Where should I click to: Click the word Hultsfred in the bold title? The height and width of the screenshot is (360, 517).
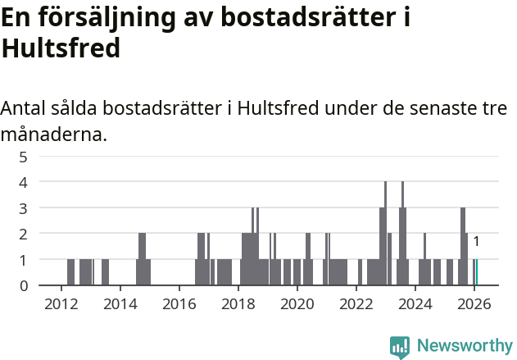click(61, 48)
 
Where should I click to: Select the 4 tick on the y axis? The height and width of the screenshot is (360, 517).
click(24, 181)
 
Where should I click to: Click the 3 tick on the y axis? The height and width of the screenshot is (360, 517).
click(24, 207)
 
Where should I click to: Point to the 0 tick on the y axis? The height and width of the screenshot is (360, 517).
click(24, 285)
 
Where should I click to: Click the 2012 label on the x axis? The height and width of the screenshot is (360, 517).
click(61, 303)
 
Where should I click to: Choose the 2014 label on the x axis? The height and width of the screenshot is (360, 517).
click(120, 303)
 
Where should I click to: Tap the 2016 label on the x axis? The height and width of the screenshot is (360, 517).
click(179, 303)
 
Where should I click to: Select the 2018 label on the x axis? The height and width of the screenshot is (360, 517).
click(238, 303)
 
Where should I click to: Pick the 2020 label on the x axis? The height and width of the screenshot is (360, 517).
click(297, 303)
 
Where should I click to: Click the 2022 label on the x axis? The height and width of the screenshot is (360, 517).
click(356, 303)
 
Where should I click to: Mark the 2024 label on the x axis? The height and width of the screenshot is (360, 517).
click(415, 303)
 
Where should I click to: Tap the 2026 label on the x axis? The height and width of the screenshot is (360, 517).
click(474, 303)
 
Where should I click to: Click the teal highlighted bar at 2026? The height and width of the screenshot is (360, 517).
click(477, 272)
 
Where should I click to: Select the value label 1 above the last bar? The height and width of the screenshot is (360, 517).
click(476, 242)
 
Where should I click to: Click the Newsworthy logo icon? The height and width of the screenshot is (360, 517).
click(400, 346)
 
